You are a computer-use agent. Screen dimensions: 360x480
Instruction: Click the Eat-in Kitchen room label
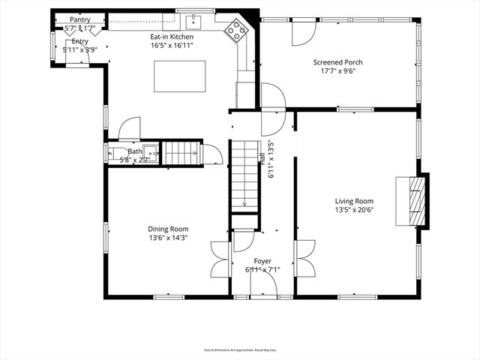tap(172, 36)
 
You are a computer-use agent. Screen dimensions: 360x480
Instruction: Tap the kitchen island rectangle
tap(180, 76)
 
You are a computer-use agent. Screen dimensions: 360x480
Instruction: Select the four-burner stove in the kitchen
tap(238, 31)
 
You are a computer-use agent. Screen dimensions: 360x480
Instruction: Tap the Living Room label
tap(354, 201)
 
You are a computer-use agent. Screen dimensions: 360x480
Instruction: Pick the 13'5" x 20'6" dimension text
tap(354, 211)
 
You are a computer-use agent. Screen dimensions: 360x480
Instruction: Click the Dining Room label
tap(168, 229)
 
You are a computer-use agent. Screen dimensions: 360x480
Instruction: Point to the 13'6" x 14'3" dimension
tap(168, 238)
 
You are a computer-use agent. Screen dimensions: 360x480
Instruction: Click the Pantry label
tap(80, 19)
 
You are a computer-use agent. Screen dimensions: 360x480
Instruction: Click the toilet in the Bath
tap(115, 154)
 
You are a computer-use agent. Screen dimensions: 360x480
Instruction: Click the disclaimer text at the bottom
tap(239, 349)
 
